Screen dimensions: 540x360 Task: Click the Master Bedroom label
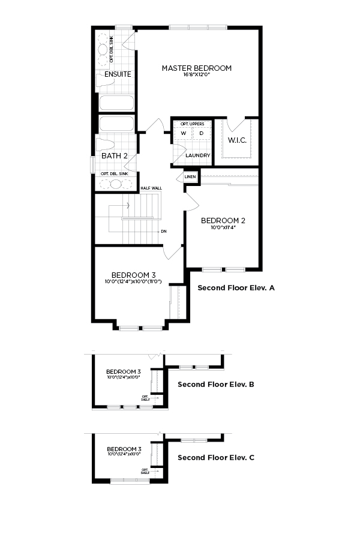click(x=196, y=68)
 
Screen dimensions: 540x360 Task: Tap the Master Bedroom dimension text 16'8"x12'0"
click(x=196, y=75)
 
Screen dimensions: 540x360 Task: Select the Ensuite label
click(x=118, y=74)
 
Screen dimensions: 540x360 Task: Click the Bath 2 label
click(x=114, y=156)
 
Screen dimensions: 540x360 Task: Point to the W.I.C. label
click(x=238, y=140)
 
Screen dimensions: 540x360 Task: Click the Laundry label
click(x=197, y=155)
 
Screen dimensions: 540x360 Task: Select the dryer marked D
click(x=202, y=133)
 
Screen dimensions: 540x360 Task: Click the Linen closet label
click(x=190, y=177)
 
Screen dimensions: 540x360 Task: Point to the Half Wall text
click(x=151, y=188)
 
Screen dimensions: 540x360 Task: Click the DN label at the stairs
click(x=163, y=231)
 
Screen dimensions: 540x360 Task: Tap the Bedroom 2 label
click(x=223, y=220)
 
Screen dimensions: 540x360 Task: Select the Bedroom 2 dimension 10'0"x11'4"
click(x=223, y=227)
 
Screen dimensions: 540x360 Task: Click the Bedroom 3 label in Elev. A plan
click(x=134, y=275)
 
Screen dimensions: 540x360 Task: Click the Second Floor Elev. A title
click(x=236, y=288)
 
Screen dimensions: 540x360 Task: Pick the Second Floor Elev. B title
click(x=216, y=384)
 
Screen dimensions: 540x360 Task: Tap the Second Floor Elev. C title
click(x=216, y=457)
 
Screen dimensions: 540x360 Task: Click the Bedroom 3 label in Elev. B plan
click(x=124, y=371)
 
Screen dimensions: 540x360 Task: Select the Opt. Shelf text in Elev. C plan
click(x=145, y=471)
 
